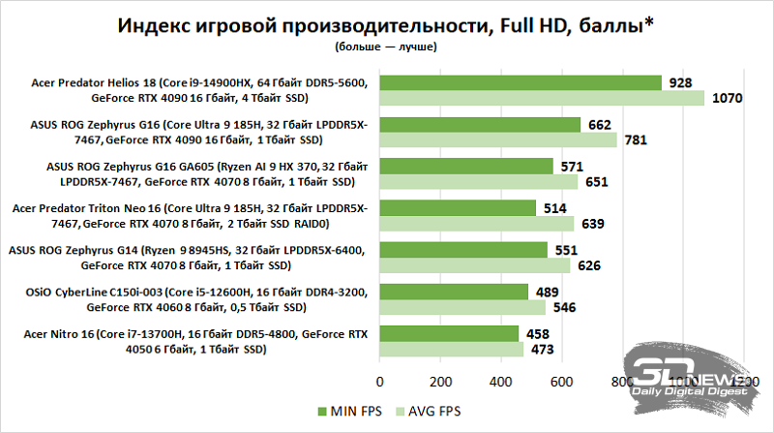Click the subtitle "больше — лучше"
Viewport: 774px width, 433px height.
(387, 46)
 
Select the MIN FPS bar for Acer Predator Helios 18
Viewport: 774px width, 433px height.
(521, 83)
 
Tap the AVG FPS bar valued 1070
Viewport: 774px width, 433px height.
(542, 99)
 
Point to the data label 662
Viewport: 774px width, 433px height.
(600, 124)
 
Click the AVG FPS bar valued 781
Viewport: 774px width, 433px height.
(498, 140)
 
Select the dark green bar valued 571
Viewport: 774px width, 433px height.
(466, 166)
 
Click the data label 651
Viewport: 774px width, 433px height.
(597, 182)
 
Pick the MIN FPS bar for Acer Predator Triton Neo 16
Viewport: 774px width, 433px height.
(458, 207)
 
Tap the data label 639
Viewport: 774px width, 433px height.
(593, 224)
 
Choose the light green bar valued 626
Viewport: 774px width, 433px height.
(475, 265)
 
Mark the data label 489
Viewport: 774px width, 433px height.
(548, 291)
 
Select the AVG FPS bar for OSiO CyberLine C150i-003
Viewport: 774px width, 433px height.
(462, 307)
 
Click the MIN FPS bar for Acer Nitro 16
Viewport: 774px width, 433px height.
(449, 332)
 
